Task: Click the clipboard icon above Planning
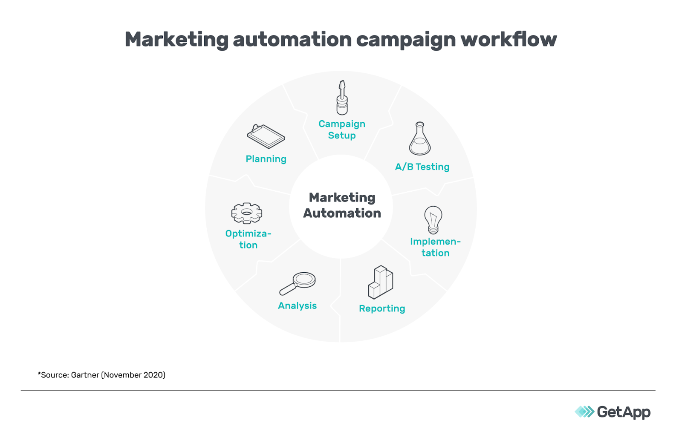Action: [266, 136]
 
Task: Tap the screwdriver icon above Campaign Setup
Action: [342, 98]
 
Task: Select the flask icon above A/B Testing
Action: [420, 139]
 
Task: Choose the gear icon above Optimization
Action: [247, 213]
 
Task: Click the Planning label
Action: [266, 159]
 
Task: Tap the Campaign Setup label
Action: [342, 130]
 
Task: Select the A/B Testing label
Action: [422, 167]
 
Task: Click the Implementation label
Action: [435, 247]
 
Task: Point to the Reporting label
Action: [382, 308]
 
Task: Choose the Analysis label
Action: [297, 305]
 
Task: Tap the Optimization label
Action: [248, 239]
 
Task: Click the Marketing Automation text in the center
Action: [342, 205]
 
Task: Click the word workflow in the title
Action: [509, 39]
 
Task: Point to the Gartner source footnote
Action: [101, 375]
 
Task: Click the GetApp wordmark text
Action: [624, 412]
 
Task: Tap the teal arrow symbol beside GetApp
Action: [584, 412]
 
